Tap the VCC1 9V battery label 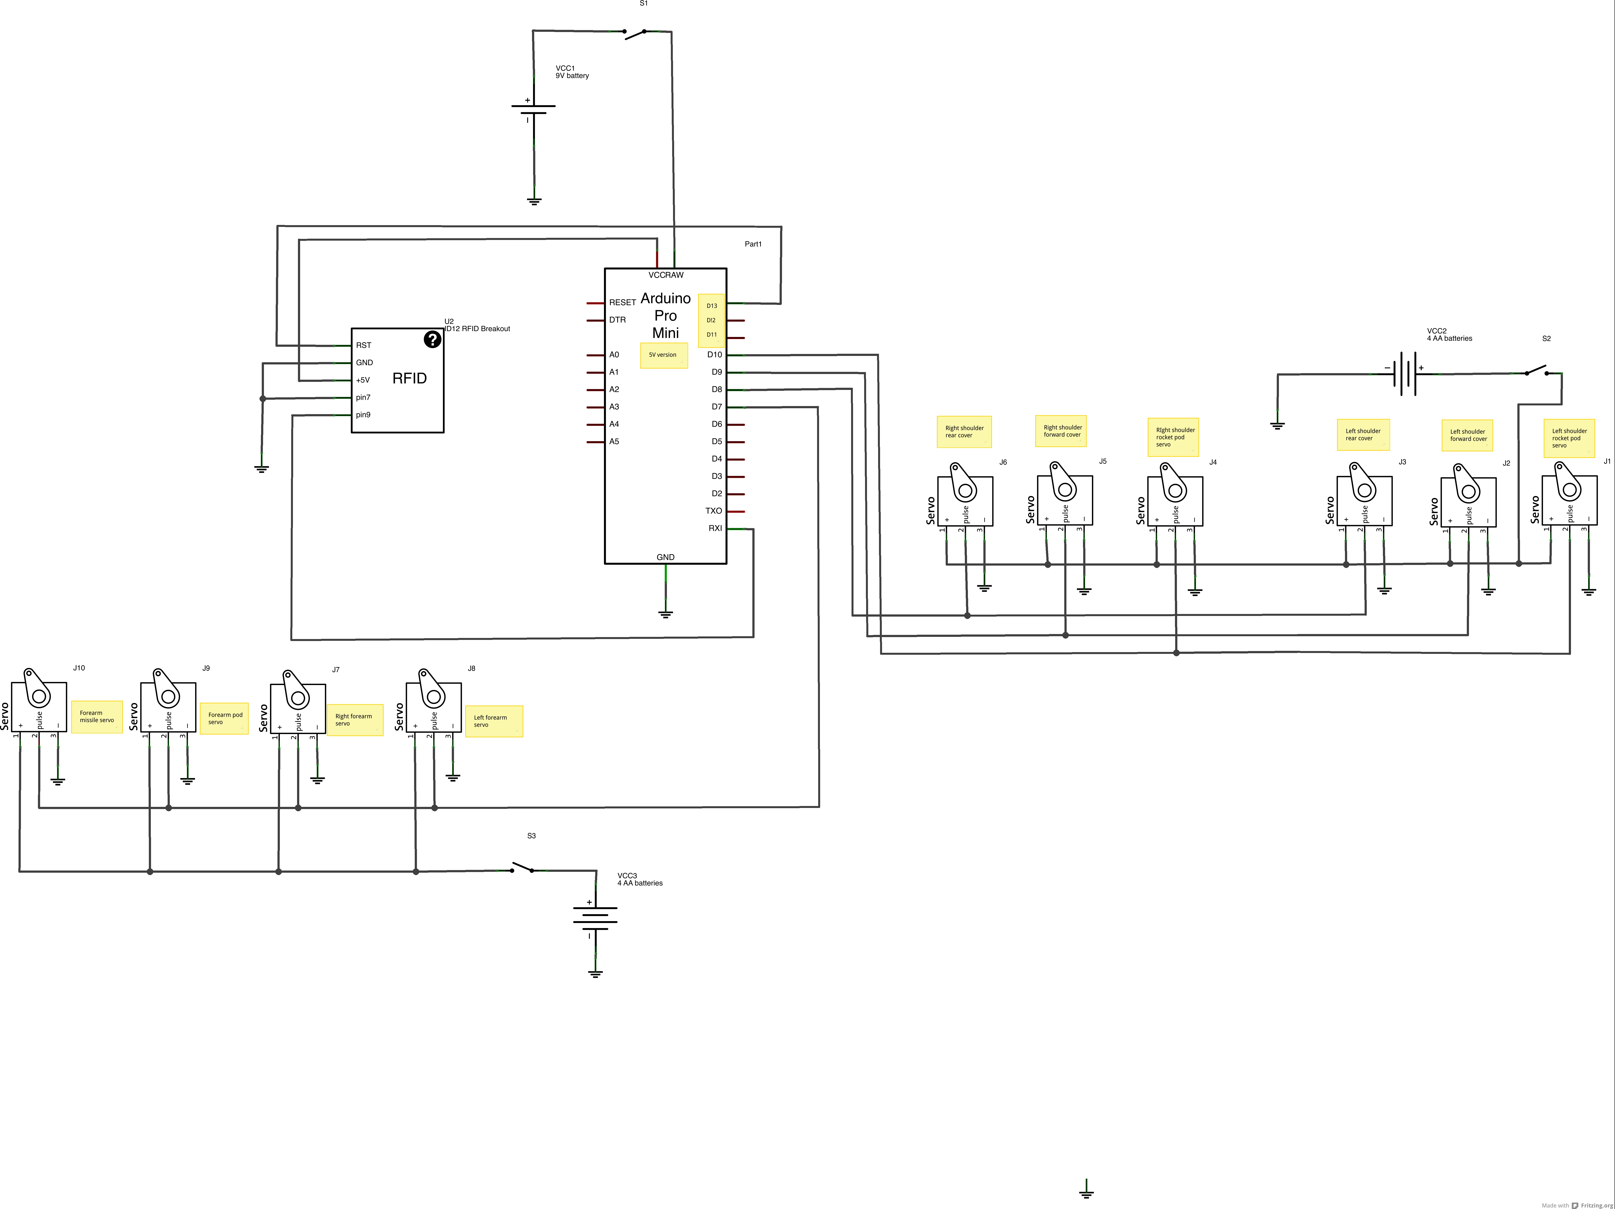click(572, 71)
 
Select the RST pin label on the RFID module click(364, 345)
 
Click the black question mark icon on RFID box click(432, 340)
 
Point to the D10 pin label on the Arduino click(714, 355)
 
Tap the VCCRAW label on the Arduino click(666, 275)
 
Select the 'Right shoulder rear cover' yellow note click(964, 432)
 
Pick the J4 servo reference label click(1213, 462)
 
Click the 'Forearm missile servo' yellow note click(96, 717)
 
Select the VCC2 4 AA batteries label click(1449, 334)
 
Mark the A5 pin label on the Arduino click(614, 442)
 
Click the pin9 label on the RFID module click(363, 415)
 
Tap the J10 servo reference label click(79, 668)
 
